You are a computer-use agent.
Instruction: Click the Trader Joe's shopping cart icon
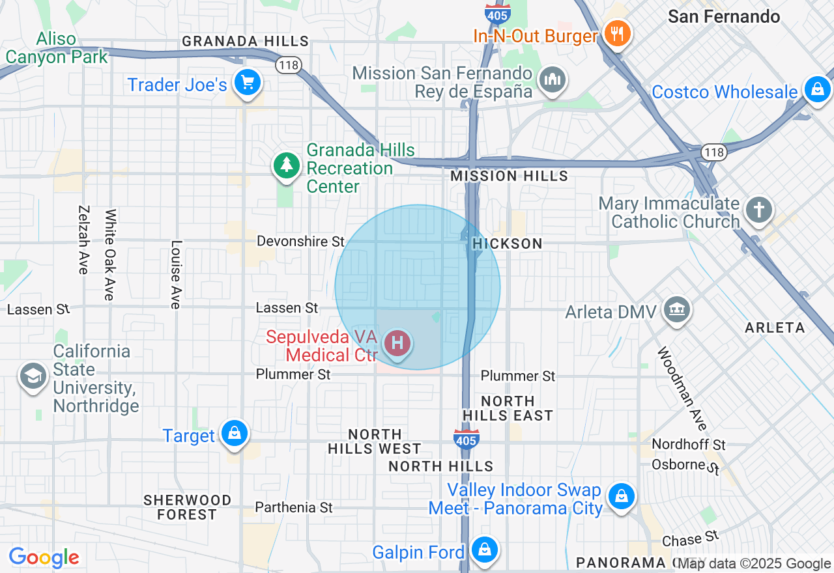[x=247, y=83]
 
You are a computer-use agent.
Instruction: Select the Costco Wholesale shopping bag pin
[x=817, y=89]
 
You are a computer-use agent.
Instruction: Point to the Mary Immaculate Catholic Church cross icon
[x=759, y=210]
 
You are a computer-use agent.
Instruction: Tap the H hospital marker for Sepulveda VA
[x=397, y=342]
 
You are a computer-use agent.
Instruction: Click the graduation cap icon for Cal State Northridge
[x=33, y=376]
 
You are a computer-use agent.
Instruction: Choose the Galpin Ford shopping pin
[x=485, y=550]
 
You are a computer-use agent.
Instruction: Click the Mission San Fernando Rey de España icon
[x=553, y=79]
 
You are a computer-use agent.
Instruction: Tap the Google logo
[x=44, y=557]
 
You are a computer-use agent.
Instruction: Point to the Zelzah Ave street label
[x=83, y=240]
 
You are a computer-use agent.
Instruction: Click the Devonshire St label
[x=300, y=242]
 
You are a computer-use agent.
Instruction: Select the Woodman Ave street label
[x=682, y=389]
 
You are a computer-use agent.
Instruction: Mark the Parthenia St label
[x=294, y=507]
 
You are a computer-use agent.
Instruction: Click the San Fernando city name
[x=724, y=16]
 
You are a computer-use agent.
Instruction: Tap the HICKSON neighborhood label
[x=508, y=244]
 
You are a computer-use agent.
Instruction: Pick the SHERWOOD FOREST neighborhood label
[x=188, y=507]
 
